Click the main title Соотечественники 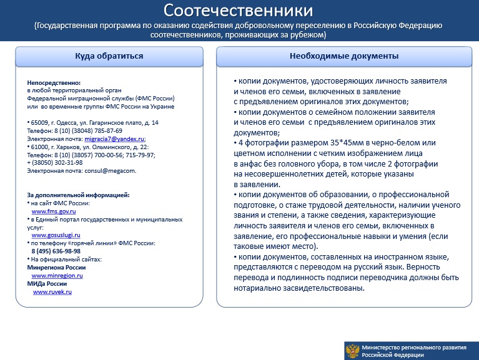(238, 11)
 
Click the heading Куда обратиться (109, 56)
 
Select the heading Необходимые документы (344, 56)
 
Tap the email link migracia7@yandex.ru (114, 139)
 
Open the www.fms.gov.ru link (54, 211)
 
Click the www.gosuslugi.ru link (56, 235)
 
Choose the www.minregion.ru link (57, 276)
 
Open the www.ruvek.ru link (52, 291)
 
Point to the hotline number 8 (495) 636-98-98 (56, 251)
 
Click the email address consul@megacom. (111, 170)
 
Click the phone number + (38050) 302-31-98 (55, 163)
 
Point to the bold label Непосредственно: (54, 83)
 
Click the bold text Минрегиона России (56, 268)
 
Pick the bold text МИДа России (47, 284)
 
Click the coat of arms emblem (352, 351)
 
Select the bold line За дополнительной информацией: (78, 195)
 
